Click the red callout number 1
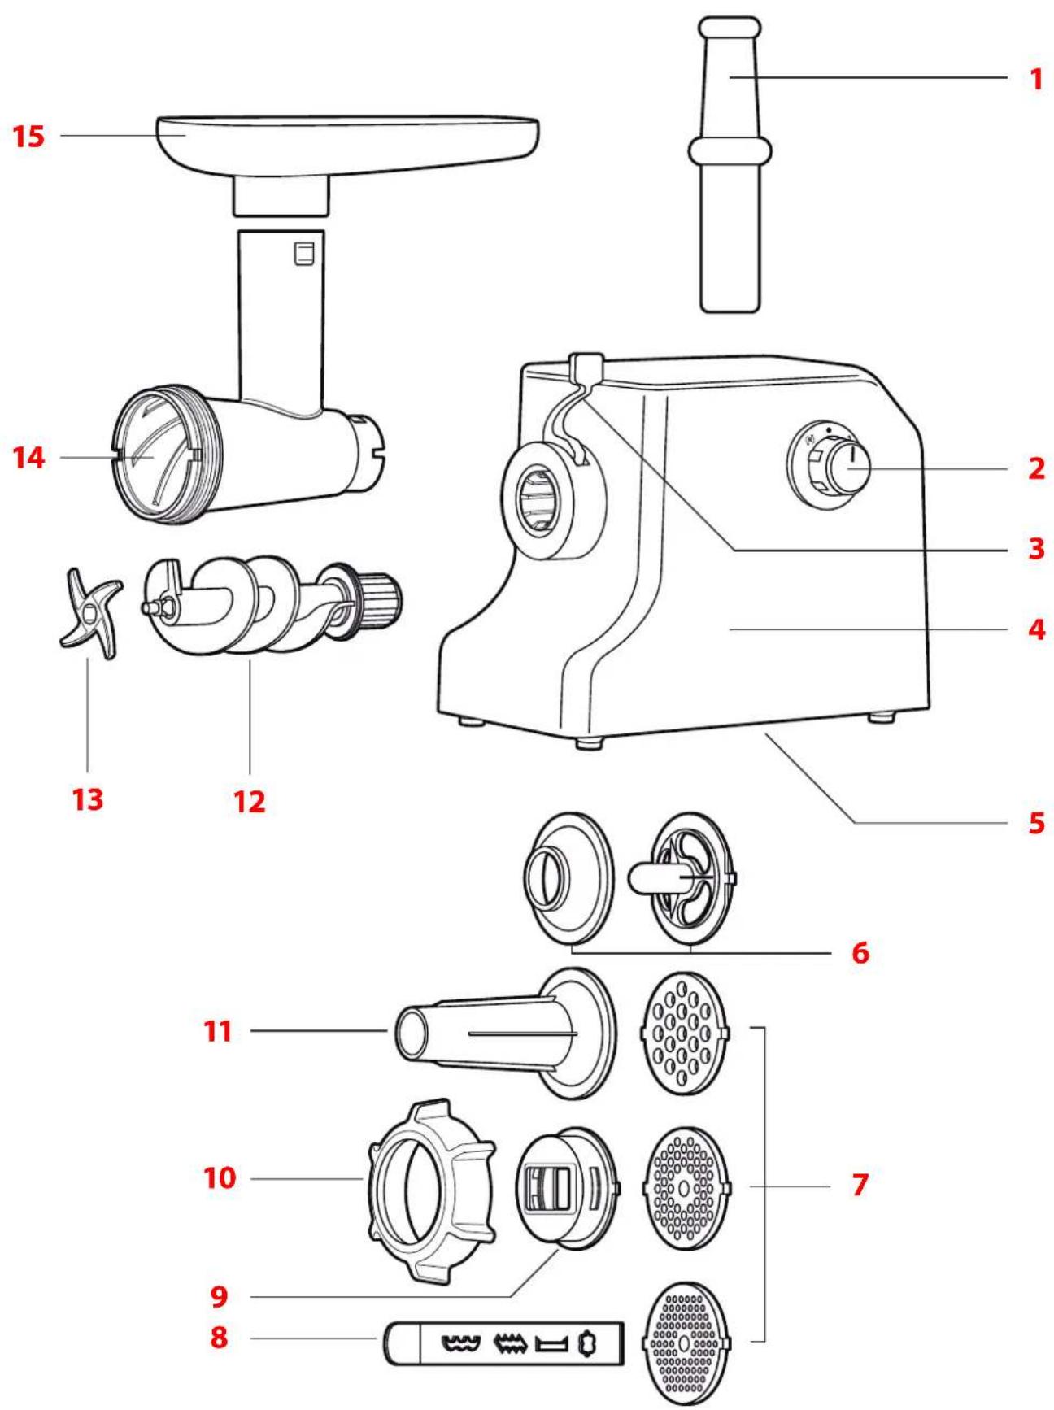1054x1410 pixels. [1035, 79]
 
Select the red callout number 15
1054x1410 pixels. [29, 136]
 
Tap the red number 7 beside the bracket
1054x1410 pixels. [860, 1185]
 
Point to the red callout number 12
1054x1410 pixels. [250, 802]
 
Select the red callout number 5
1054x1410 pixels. [1035, 822]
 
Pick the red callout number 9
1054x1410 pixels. [219, 1296]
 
